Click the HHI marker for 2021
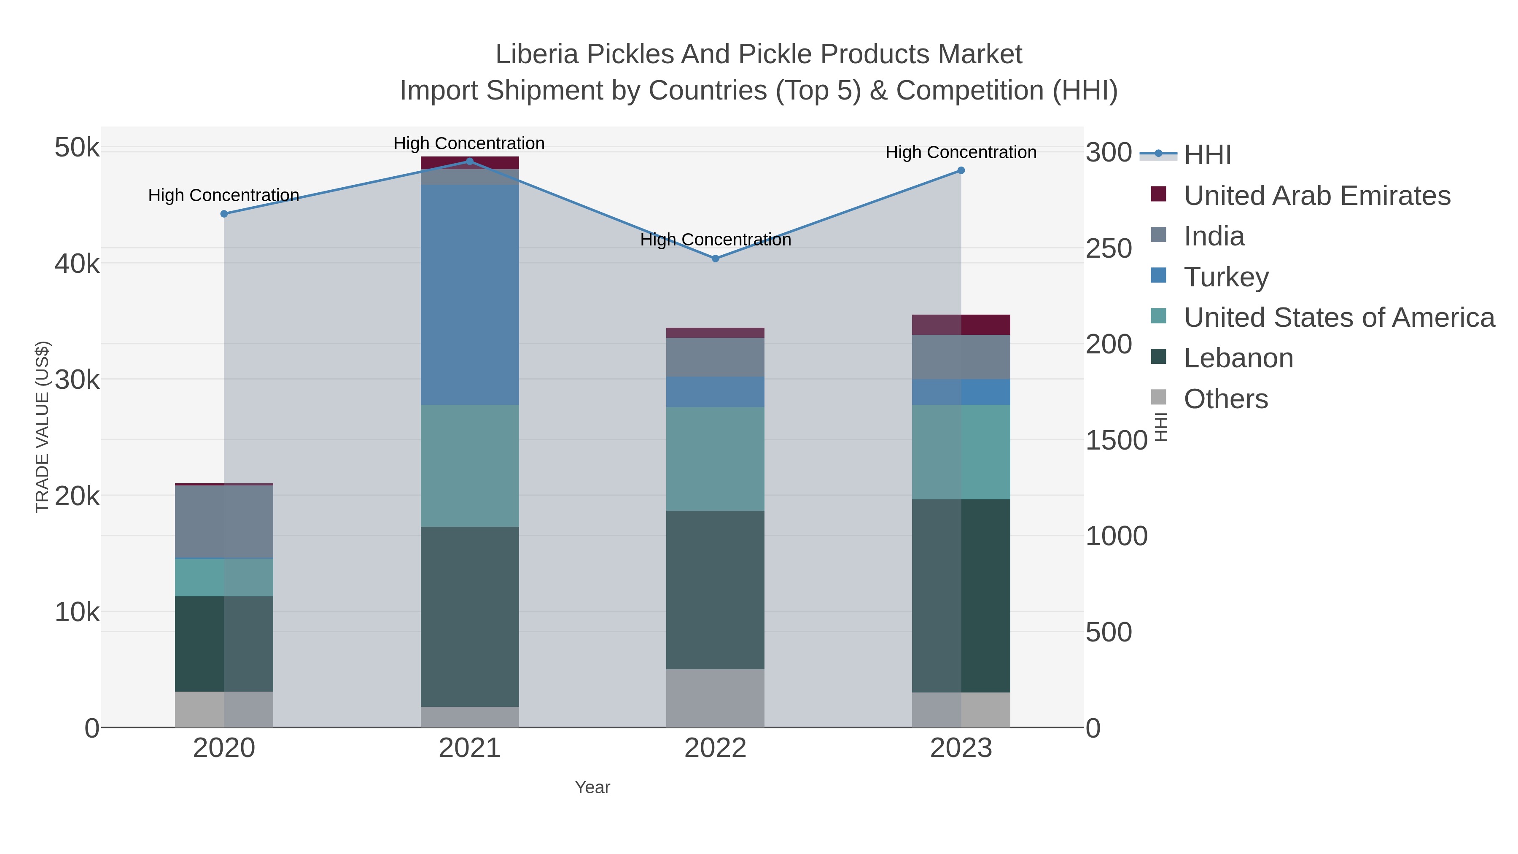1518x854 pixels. [x=470, y=162]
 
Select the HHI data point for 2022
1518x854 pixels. [x=716, y=259]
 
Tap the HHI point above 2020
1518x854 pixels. [x=224, y=214]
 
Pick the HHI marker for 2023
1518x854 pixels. [x=961, y=170]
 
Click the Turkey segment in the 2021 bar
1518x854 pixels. [x=470, y=295]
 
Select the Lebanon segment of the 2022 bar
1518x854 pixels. [x=716, y=590]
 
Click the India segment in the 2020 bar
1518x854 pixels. [x=224, y=522]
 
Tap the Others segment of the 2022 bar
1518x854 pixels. [x=716, y=698]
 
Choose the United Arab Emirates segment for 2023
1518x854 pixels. [x=961, y=325]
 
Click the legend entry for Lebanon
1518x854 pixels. [x=1238, y=358]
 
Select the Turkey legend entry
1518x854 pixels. [x=1226, y=277]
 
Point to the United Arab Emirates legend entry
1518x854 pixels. [x=1317, y=196]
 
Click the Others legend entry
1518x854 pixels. [x=1226, y=399]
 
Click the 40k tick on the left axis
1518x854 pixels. [x=77, y=264]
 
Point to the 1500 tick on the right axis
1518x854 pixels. [x=1116, y=440]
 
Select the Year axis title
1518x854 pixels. [x=592, y=787]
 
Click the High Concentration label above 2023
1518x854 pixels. [x=961, y=152]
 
